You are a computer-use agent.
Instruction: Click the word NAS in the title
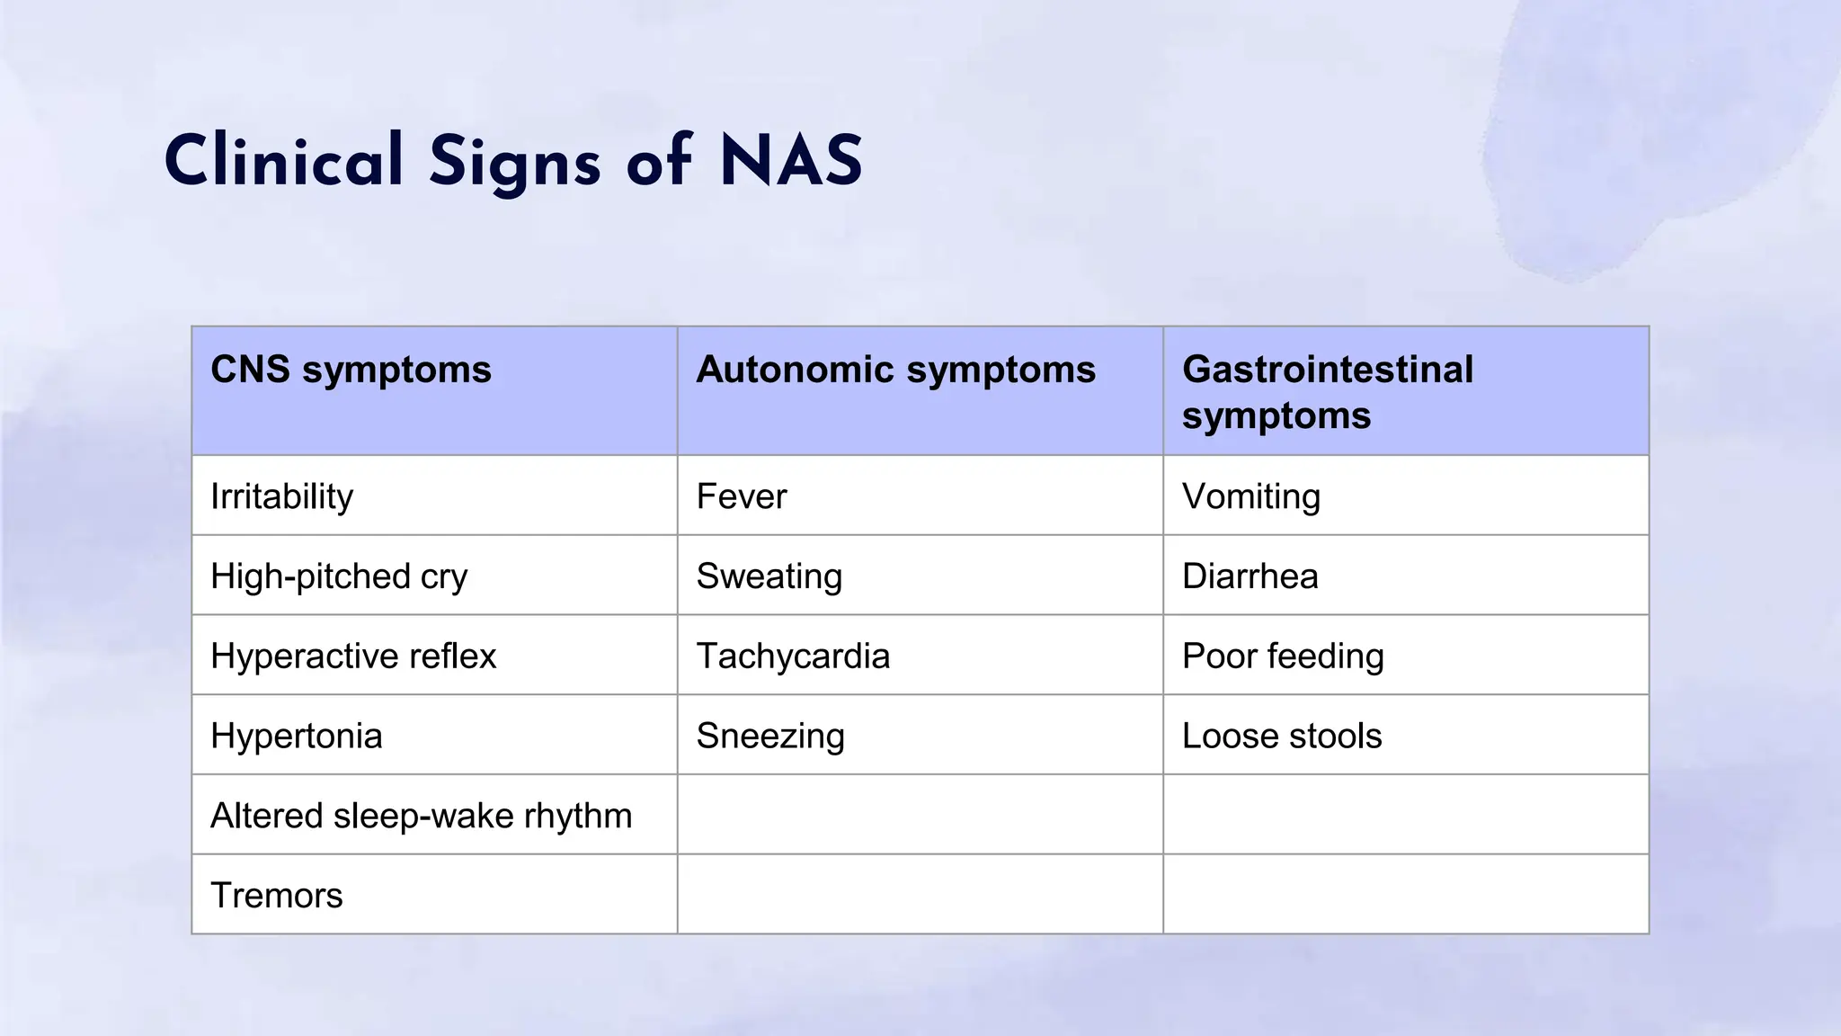tap(791, 162)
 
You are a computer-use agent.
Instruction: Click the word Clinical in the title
tap(283, 162)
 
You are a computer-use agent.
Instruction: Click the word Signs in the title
tap(514, 162)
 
